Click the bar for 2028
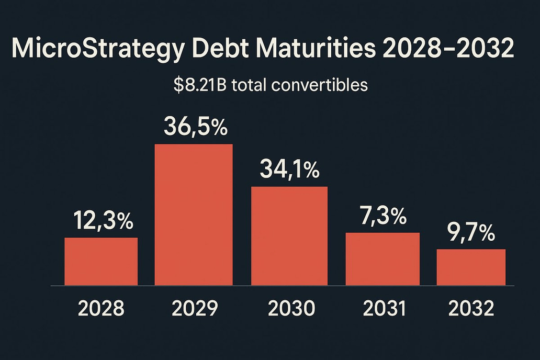101,262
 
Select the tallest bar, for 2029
194,215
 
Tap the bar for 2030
289,235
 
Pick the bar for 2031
383,259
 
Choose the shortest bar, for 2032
471,267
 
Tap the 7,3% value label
384,216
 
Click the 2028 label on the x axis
101,309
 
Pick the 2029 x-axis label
194,309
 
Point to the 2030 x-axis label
291,309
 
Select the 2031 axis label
384,309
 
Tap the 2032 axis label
471,309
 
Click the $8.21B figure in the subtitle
199,85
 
